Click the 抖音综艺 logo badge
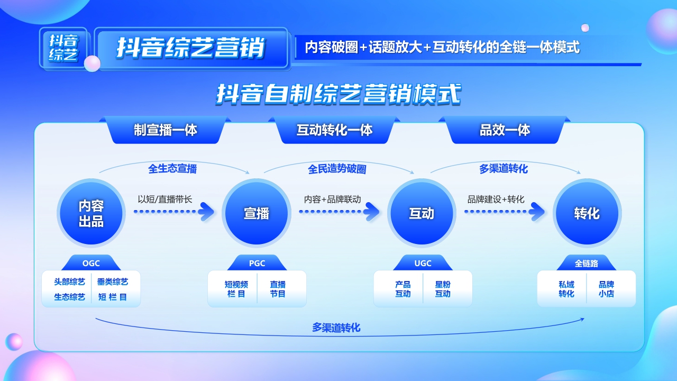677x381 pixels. [x=63, y=48]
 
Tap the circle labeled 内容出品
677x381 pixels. [x=91, y=213]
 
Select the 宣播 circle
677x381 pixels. [x=257, y=213]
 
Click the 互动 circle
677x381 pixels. [x=422, y=213]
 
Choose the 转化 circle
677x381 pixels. [x=587, y=213]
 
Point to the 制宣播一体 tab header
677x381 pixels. [x=166, y=130]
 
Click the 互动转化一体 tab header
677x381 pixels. [x=334, y=130]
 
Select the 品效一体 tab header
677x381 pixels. [x=505, y=130]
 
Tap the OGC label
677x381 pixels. [x=91, y=263]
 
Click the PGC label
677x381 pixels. [x=257, y=263]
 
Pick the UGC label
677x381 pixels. [x=423, y=263]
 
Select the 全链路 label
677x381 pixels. [x=587, y=263]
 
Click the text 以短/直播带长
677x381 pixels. [x=164, y=199]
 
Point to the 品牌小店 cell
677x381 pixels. [x=606, y=289]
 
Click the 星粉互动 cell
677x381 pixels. [x=443, y=289]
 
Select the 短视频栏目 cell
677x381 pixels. [x=236, y=289]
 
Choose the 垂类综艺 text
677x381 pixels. [x=112, y=282]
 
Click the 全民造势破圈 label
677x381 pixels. [x=337, y=169]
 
